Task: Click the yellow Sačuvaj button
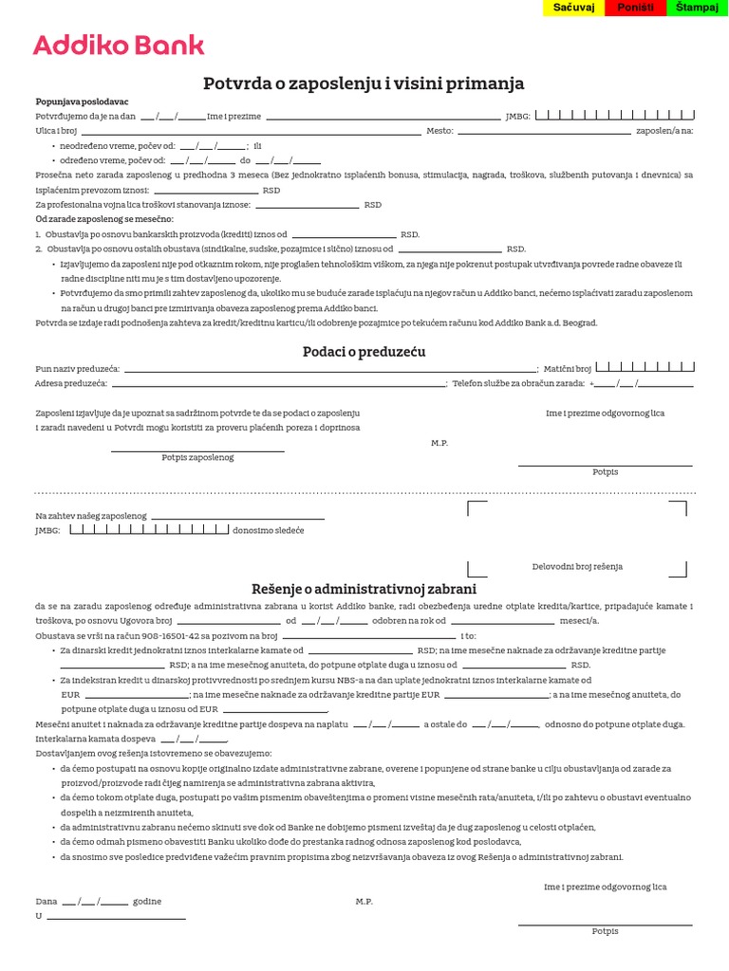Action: [x=574, y=8]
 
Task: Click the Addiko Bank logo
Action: [x=119, y=45]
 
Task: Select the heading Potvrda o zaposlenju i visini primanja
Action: [x=364, y=83]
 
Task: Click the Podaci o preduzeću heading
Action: [x=364, y=352]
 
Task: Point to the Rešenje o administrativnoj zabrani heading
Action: [x=364, y=589]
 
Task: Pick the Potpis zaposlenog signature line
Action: [x=197, y=450]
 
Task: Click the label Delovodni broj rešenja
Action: [x=577, y=566]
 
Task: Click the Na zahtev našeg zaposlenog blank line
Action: [x=237, y=518]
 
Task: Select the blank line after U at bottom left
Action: [x=116, y=918]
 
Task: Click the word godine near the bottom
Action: [x=147, y=901]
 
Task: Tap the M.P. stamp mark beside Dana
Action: [x=364, y=901]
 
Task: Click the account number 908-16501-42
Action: [x=151, y=635]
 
